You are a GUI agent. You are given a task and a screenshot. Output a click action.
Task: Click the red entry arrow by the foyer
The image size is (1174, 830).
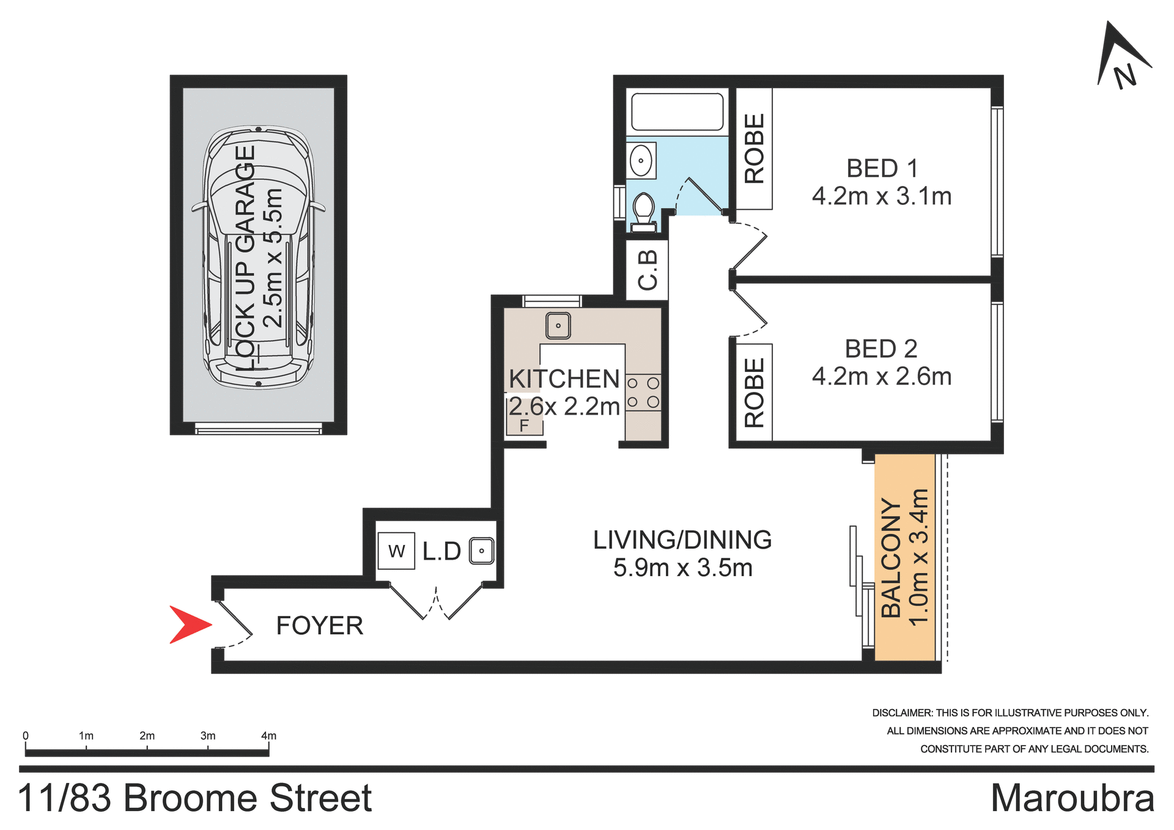(x=188, y=624)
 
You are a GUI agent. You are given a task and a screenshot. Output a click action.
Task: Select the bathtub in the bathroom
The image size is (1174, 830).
(x=677, y=111)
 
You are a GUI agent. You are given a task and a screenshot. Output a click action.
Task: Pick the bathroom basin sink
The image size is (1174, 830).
(x=641, y=161)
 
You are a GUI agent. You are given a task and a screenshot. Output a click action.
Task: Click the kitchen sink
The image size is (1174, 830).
(x=558, y=325)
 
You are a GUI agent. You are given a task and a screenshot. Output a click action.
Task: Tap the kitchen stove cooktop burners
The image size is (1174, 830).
(x=643, y=393)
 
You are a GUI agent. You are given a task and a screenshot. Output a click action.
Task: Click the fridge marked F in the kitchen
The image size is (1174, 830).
(x=525, y=422)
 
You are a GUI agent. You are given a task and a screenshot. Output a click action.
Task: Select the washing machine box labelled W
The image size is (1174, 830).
(x=396, y=551)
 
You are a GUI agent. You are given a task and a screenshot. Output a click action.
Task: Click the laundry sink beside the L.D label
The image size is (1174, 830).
(x=482, y=550)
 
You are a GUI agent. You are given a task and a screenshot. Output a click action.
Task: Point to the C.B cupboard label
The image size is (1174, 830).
(x=648, y=269)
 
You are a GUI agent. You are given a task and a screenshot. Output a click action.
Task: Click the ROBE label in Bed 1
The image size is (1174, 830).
(x=755, y=149)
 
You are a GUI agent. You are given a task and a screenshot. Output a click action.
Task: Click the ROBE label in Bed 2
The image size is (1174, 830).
(x=755, y=392)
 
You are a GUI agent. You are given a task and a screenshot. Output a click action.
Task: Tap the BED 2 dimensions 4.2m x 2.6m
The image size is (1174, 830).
(x=882, y=377)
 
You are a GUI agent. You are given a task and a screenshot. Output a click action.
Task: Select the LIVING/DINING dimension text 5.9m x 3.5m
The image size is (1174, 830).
(x=682, y=568)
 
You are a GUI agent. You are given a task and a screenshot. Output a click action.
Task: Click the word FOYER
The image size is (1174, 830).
(x=320, y=626)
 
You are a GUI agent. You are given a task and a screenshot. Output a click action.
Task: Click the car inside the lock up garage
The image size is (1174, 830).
(x=259, y=257)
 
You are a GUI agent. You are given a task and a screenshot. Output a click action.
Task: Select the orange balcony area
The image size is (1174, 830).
(x=904, y=557)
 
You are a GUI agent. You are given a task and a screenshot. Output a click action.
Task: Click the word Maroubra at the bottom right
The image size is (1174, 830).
(x=1072, y=798)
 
